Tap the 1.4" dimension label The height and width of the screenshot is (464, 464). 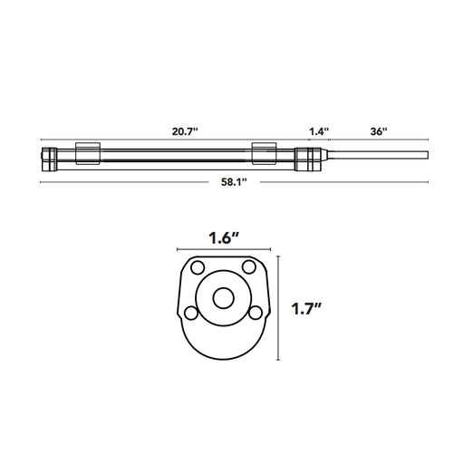point(318,131)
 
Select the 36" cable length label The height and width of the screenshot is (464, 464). point(378,131)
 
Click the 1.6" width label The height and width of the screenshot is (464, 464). point(223,239)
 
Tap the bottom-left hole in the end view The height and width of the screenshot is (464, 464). point(190,312)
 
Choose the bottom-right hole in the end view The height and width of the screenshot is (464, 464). point(256,312)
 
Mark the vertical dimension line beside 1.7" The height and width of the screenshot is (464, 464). point(278,308)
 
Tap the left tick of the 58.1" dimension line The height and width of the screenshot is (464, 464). point(41,182)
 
